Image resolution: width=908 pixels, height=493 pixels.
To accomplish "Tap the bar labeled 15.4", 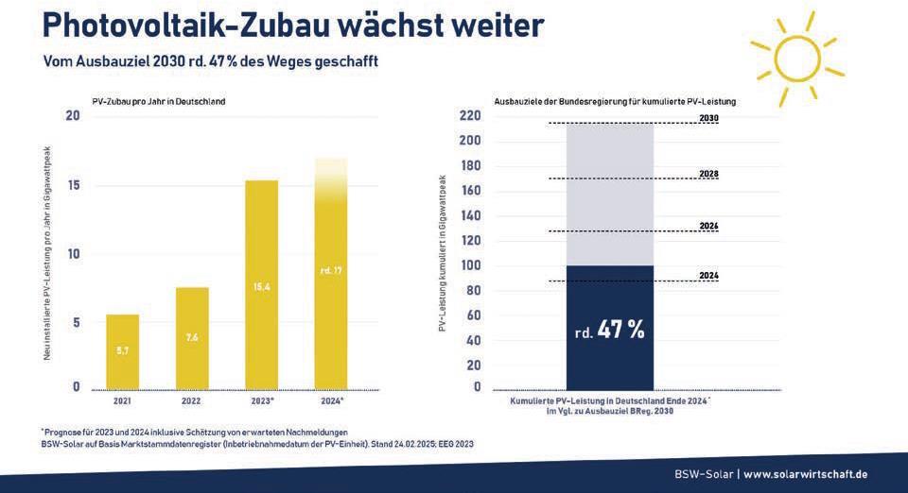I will coord(261,284).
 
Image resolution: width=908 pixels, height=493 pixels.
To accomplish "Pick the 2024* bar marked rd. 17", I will coord(330,283).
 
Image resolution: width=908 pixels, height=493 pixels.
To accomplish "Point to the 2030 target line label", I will coord(709,118).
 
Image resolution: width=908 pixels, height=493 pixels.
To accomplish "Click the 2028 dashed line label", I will coord(709,175).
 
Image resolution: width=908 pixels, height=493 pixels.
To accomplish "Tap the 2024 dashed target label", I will coord(709,276).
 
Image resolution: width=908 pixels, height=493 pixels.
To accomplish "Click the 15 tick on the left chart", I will coord(73,185).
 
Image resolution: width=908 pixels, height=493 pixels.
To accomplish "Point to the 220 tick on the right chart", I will coord(470,116).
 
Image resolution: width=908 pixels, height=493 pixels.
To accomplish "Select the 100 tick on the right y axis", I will coord(470,265).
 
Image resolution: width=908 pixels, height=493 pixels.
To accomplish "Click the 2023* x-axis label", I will coord(262,401).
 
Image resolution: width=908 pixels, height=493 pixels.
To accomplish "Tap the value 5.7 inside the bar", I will coord(122,349).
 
